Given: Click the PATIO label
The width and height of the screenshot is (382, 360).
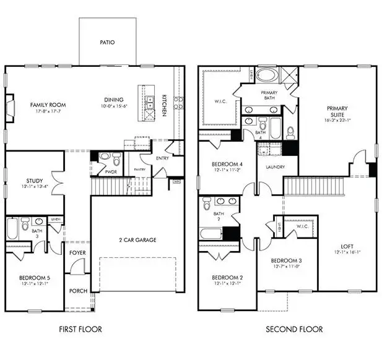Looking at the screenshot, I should point(108,43).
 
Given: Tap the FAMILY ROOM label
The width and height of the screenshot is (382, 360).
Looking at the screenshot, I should point(48,105).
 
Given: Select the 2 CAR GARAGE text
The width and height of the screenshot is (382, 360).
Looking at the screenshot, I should point(137,239).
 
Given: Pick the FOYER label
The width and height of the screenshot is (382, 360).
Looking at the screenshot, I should point(77,252).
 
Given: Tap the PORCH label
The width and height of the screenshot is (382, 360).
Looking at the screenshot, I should point(78,291).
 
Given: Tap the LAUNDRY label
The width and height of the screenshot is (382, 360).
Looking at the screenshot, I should point(275,167).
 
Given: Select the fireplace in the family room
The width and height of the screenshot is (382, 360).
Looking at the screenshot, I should point(9,106).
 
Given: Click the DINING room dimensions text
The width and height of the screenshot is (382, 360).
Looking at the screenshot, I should point(114,106).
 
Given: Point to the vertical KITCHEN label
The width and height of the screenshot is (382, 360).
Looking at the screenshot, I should point(165,105).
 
